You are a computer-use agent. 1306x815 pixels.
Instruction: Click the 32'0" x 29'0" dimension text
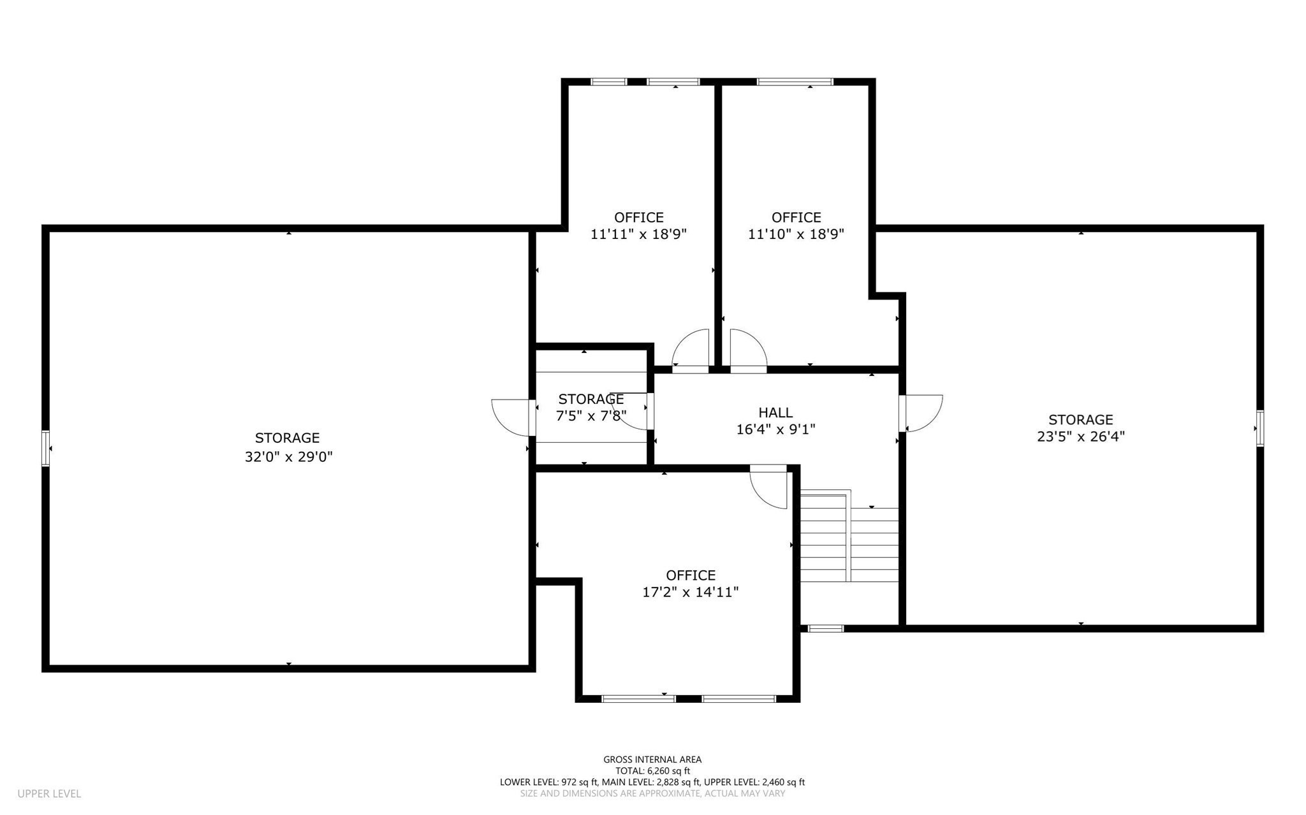(x=289, y=457)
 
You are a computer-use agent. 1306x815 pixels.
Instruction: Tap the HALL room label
(x=775, y=413)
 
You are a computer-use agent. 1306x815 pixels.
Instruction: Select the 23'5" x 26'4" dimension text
(x=1080, y=436)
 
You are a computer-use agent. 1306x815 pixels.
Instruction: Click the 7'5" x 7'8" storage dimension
(x=591, y=416)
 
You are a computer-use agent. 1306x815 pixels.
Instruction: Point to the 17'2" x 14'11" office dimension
(x=690, y=593)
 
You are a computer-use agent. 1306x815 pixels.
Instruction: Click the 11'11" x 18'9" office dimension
(x=638, y=234)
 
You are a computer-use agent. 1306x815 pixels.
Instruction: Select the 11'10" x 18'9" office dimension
(x=796, y=234)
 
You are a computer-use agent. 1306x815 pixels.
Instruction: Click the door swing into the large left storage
(x=512, y=417)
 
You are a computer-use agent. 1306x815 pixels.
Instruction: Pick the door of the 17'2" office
(x=770, y=487)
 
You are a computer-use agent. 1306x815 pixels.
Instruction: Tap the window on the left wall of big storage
(x=46, y=449)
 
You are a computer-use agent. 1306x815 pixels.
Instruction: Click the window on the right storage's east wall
(x=1260, y=428)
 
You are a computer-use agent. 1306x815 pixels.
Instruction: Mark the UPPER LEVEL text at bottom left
(x=49, y=794)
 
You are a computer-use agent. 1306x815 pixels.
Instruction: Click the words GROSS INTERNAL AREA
(x=652, y=760)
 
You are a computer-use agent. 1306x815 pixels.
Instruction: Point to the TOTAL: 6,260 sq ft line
(x=652, y=771)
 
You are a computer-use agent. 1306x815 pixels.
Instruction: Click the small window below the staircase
(x=826, y=628)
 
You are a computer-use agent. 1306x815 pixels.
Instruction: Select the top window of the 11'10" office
(x=795, y=82)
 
